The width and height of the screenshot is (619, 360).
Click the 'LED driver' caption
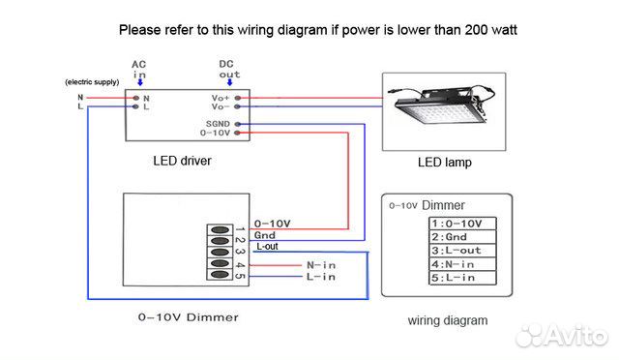pyautogui.click(x=182, y=161)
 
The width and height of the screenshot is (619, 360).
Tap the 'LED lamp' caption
pyautogui.click(x=444, y=163)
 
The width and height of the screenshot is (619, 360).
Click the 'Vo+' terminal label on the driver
pyautogui.click(x=220, y=98)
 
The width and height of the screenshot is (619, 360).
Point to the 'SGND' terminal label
pyautogui.click(x=217, y=124)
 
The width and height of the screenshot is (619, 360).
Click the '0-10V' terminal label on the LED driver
pyautogui.click(x=216, y=134)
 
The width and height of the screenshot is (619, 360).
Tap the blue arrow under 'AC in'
pyautogui.click(x=139, y=83)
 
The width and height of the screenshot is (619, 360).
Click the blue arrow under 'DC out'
pyautogui.click(x=228, y=83)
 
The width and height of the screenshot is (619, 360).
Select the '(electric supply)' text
pyautogui.click(x=92, y=82)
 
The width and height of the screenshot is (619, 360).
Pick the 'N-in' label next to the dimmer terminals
pyautogui.click(x=322, y=264)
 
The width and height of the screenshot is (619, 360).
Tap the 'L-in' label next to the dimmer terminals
pyautogui.click(x=322, y=277)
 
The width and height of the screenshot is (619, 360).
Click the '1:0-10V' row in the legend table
pyautogui.click(x=462, y=224)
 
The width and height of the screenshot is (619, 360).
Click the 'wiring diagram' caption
pyautogui.click(x=447, y=320)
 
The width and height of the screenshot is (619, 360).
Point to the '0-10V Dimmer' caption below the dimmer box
pyautogui.click(x=188, y=316)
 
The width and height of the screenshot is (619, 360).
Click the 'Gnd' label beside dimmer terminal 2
pyautogui.click(x=264, y=234)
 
